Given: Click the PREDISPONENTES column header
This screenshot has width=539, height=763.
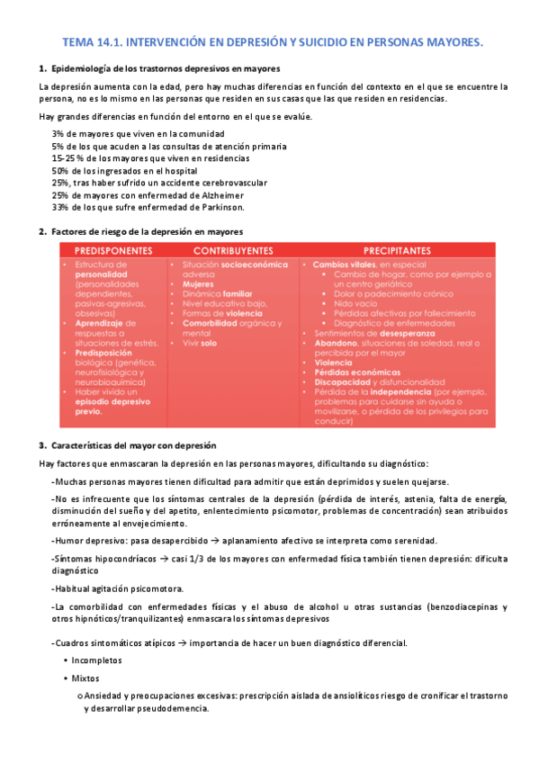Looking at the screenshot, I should [x=112, y=250].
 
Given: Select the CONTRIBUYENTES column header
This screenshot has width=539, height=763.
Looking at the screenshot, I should [x=233, y=250].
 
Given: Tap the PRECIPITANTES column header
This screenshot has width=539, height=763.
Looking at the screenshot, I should [x=397, y=250].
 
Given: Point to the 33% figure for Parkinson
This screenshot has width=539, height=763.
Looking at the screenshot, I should [x=61, y=207].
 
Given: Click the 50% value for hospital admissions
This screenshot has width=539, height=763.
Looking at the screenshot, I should [x=61, y=170].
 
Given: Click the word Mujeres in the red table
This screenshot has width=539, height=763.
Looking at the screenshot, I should [x=198, y=283].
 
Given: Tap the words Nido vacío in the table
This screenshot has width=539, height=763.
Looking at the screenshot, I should [x=353, y=303].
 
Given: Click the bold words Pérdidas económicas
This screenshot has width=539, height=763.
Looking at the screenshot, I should [x=356, y=373].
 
